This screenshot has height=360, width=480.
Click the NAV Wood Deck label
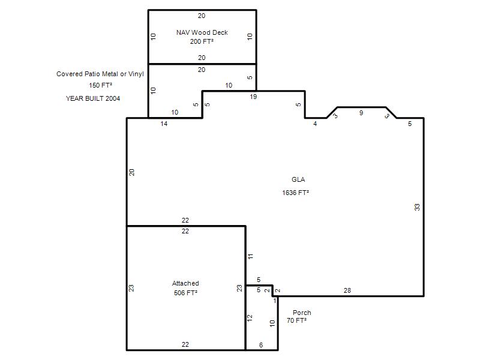[202, 32]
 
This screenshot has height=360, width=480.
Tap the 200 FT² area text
[202, 41]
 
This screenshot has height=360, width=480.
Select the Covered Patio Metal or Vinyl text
[100, 74]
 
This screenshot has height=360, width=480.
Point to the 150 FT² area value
[100, 85]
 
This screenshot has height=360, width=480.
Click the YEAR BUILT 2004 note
[93, 98]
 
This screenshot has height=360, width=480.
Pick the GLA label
[298, 179]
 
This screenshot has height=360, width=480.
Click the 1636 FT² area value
[295, 193]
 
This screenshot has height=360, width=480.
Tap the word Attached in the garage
[185, 283]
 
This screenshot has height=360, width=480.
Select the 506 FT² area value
[185, 293]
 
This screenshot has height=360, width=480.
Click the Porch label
[302, 313]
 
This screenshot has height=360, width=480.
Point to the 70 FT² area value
[296, 320]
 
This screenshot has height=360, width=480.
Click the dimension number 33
[417, 207]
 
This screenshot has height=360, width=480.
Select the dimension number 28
[347, 290]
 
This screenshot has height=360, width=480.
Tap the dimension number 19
[253, 97]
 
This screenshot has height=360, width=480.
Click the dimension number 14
[164, 124]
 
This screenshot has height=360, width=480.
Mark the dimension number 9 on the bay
[361, 113]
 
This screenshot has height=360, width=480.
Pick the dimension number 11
[250, 257]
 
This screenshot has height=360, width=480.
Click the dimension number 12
[250, 318]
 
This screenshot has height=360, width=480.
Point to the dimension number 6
[261, 345]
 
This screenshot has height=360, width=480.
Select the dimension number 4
[315, 124]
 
